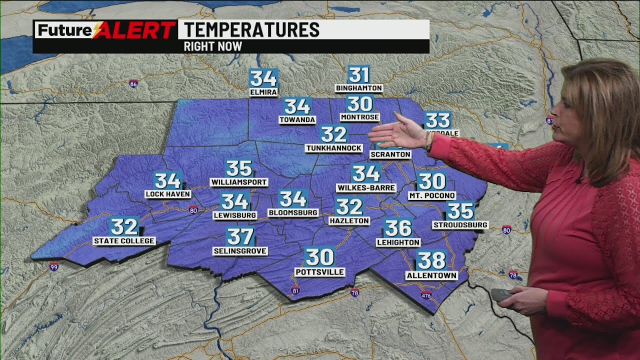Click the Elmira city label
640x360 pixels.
263,92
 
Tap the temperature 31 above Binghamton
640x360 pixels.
358,74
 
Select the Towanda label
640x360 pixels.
297,120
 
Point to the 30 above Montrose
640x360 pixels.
359,103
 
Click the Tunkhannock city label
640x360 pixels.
333,148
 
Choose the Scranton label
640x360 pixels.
390,154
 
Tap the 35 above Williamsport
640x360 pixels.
238,168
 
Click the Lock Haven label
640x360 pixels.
168,194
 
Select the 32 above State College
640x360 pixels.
124,226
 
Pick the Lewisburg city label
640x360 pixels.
234,215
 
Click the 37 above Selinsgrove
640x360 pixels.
240,236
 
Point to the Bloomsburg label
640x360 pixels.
293,212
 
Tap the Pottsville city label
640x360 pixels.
319,272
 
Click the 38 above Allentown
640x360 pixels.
431,260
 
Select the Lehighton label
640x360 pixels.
398,242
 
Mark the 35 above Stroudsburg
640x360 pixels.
460,210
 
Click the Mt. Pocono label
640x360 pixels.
431,195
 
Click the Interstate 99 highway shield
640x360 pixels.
54,266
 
